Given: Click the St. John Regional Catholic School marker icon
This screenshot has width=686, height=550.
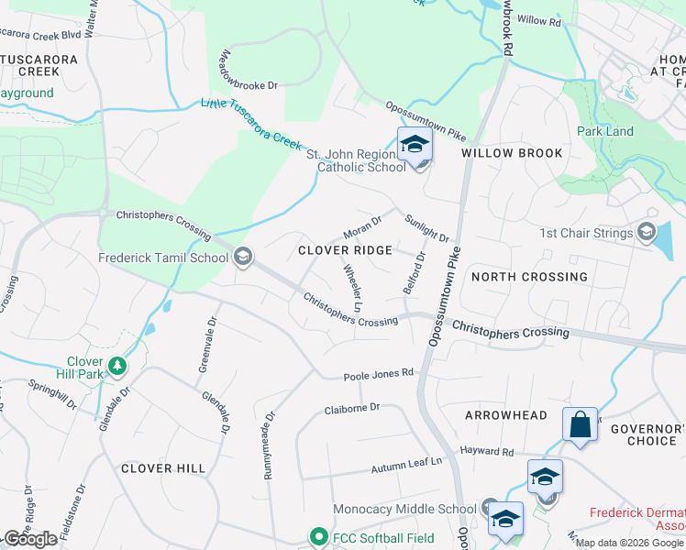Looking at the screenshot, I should (415, 146).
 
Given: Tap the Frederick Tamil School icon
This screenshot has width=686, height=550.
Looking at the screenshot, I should (243, 257).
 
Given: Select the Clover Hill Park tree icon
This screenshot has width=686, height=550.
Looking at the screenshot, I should (116, 367).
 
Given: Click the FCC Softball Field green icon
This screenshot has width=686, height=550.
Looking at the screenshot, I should (318, 535).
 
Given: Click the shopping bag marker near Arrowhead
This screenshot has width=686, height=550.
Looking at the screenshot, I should (580, 424).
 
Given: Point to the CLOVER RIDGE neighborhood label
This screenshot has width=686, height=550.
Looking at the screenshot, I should (346, 250).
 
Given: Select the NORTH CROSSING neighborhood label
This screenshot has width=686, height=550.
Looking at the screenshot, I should (528, 277).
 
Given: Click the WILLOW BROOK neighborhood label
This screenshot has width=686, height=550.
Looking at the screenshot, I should (512, 153).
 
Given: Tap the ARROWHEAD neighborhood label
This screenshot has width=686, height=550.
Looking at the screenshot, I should (505, 415).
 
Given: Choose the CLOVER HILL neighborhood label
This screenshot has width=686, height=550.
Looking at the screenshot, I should (163, 468).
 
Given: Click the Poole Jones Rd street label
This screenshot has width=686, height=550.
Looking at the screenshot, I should (379, 374).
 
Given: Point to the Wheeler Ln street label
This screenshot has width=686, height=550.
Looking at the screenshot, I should (353, 287).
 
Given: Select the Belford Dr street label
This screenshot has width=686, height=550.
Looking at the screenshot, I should (415, 273).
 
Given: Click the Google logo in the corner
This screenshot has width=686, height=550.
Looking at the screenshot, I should (30, 539).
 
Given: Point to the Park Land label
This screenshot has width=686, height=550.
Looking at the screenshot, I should (605, 131).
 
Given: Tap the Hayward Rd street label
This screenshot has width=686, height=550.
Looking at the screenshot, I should (487, 451).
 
